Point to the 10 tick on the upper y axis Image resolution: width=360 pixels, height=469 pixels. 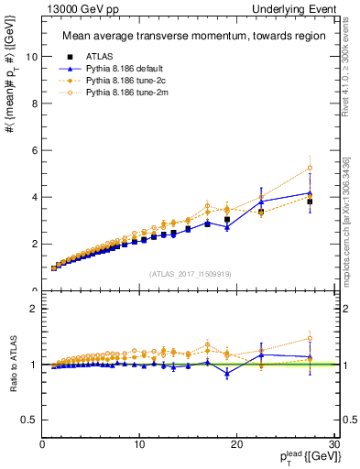click(32, 56)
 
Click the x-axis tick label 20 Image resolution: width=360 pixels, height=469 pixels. click(236, 444)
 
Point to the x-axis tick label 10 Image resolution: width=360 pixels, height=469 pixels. click(139, 444)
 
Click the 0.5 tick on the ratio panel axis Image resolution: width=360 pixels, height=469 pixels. click(30, 420)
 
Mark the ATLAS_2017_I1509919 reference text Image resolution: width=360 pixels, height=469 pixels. click(191, 273)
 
